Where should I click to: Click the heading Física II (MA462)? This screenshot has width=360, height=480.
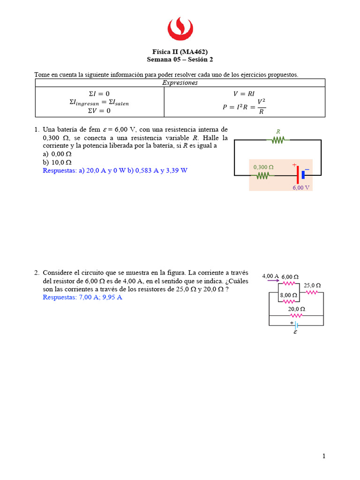click(x=180, y=52)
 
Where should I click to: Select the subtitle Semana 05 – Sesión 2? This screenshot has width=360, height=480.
click(x=180, y=60)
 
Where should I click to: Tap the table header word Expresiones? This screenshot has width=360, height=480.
click(x=180, y=83)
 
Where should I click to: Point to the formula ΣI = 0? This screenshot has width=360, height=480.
click(x=99, y=93)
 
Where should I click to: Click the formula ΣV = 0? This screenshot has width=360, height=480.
click(x=99, y=111)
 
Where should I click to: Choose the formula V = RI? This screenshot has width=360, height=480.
click(x=244, y=93)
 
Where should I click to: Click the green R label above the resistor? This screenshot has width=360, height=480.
click(x=278, y=132)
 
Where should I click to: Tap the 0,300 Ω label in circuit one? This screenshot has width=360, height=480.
click(x=263, y=167)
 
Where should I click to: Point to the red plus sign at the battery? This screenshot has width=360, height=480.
click(x=294, y=165)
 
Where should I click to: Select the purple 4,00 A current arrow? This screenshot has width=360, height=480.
click(x=270, y=281)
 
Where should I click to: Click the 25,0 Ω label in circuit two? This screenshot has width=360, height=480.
click(x=312, y=285)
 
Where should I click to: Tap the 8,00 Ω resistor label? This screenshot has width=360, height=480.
click(x=289, y=295)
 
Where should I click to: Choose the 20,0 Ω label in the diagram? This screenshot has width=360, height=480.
click(x=296, y=309)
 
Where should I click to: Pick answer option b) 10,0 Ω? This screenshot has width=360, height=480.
click(x=57, y=162)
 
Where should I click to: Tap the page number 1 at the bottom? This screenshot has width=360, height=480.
click(x=323, y=456)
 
